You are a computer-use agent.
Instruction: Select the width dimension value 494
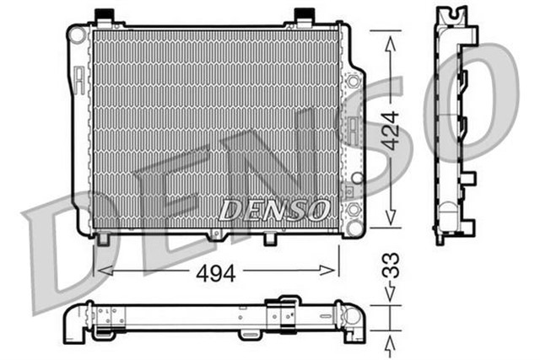coord(216,271)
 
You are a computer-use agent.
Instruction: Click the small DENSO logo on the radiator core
coord(273,209)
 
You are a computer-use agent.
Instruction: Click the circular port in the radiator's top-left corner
coord(77,35)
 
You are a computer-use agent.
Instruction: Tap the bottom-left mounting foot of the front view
coord(103,238)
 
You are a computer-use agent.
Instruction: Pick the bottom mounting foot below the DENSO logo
coord(270,238)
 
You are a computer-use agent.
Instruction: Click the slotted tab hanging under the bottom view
coord(249,335)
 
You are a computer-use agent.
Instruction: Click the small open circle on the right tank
coord(356,179)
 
